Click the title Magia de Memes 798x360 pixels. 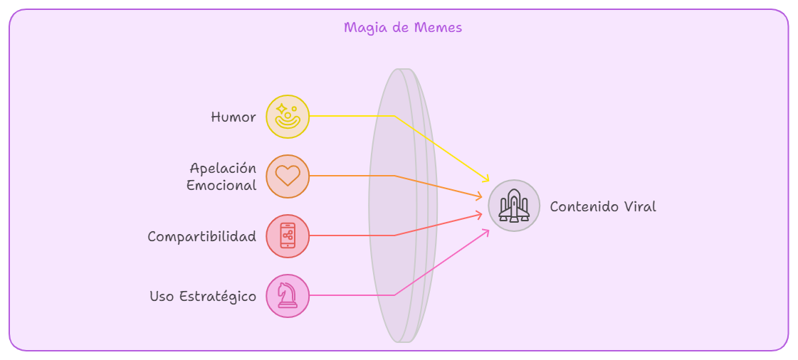click(403, 27)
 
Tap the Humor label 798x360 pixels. click(233, 117)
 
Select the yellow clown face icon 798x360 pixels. click(288, 116)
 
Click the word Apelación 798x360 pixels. click(223, 168)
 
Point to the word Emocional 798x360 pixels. click(221, 185)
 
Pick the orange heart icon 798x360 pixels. click(288, 176)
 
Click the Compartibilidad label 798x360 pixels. click(202, 236)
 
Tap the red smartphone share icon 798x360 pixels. click(288, 235)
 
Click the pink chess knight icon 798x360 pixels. click(287, 295)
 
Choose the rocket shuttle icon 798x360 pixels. click(514, 206)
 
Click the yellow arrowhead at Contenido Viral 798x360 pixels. click(485, 178)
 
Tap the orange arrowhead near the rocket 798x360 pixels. click(478, 196)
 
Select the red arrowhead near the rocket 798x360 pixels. click(478, 214)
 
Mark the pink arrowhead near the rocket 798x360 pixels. click(485, 233)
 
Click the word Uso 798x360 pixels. click(162, 296)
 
